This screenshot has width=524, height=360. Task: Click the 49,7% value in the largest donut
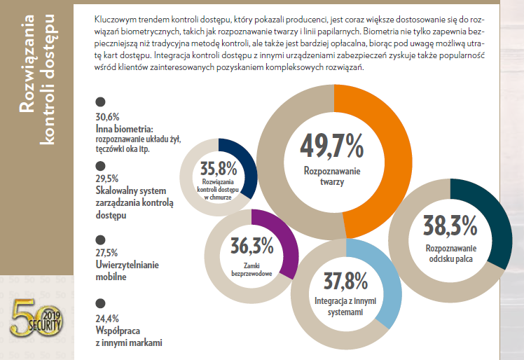(332, 145)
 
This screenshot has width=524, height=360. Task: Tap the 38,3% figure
(450, 226)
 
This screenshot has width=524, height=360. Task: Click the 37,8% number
(345, 282)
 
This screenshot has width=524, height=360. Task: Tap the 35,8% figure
(218, 169)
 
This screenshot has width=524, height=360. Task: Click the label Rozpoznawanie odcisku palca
(450, 254)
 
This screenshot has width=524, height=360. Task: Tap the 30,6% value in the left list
(107, 117)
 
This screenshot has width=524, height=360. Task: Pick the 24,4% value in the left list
(107, 316)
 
